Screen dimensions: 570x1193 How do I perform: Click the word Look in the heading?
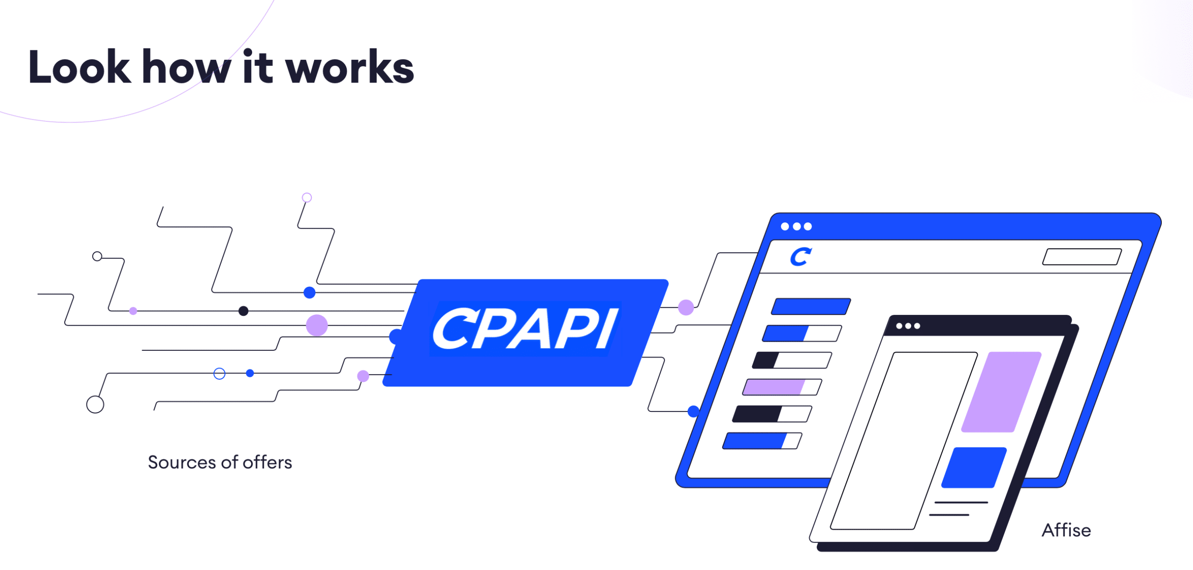coord(79,68)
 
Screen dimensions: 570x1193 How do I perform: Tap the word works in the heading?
coord(350,68)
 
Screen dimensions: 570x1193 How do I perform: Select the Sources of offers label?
coord(220,462)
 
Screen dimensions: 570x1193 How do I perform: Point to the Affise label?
coord(1066,530)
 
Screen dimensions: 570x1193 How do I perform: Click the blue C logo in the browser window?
coord(801,257)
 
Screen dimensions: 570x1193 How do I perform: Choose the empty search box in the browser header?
coord(1082,257)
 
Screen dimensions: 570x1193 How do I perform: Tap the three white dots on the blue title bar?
coord(796,227)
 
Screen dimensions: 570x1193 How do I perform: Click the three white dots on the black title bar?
coord(908,326)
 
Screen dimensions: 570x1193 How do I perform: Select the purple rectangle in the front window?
coord(1001,392)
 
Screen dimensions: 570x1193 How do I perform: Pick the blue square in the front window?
coord(974,467)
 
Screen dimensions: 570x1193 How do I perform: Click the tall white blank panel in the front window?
coord(904,441)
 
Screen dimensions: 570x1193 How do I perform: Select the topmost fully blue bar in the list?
coord(811,306)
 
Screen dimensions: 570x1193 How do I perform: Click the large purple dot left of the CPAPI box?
coord(317,325)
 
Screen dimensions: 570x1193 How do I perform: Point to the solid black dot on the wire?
coord(243,311)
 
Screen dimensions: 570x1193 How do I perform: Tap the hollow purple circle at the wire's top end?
coord(307,198)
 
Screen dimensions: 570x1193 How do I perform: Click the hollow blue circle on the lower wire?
coord(219,374)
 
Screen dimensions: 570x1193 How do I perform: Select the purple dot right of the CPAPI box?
coord(686,307)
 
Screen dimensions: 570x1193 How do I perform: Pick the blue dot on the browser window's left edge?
coord(693,411)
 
